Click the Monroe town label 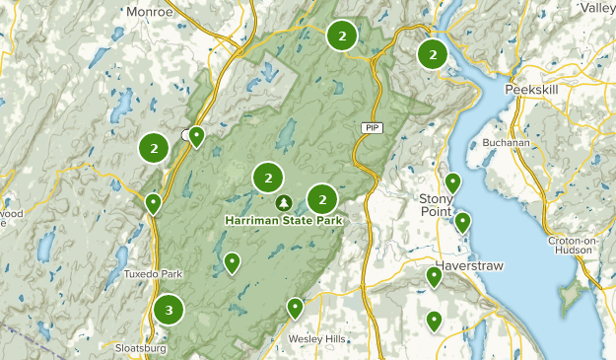149,11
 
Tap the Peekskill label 531,89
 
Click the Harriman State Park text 284,221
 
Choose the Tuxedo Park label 154,273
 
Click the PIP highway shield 370,128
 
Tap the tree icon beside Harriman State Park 284,203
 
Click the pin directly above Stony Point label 452,182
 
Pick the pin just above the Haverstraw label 462,221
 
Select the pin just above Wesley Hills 295,308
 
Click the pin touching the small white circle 197,136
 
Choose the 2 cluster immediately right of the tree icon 322,199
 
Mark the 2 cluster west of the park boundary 153,148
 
